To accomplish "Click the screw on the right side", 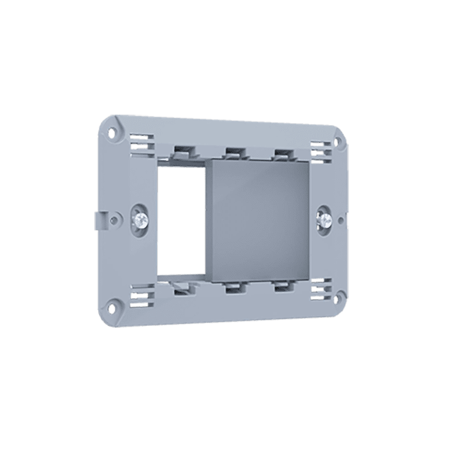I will click(x=325, y=219).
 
